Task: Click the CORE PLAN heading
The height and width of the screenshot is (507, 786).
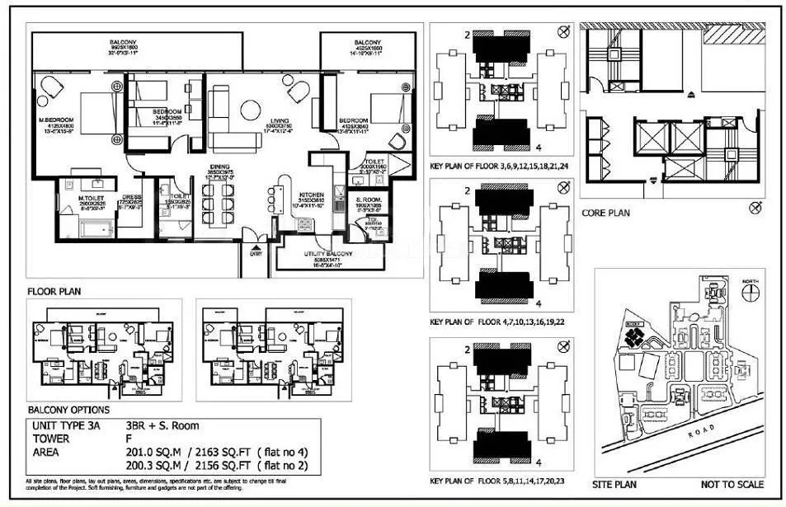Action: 606,213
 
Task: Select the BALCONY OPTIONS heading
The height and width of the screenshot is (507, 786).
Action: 68,410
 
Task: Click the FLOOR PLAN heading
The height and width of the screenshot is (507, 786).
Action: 54,291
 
